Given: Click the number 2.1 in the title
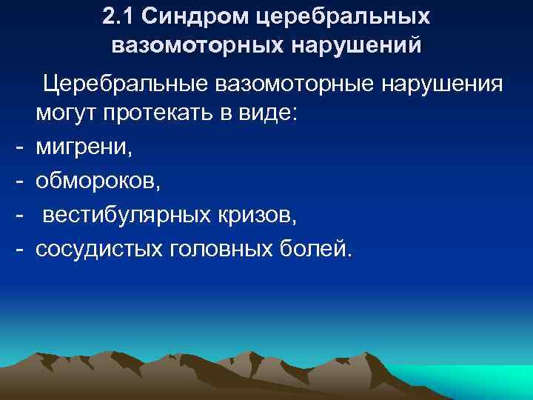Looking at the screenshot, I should point(116,16).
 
